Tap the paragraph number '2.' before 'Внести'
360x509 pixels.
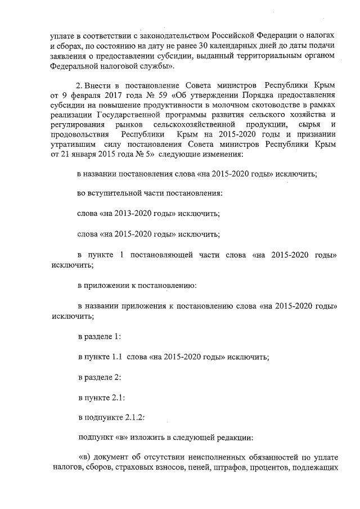pos(80,85)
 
